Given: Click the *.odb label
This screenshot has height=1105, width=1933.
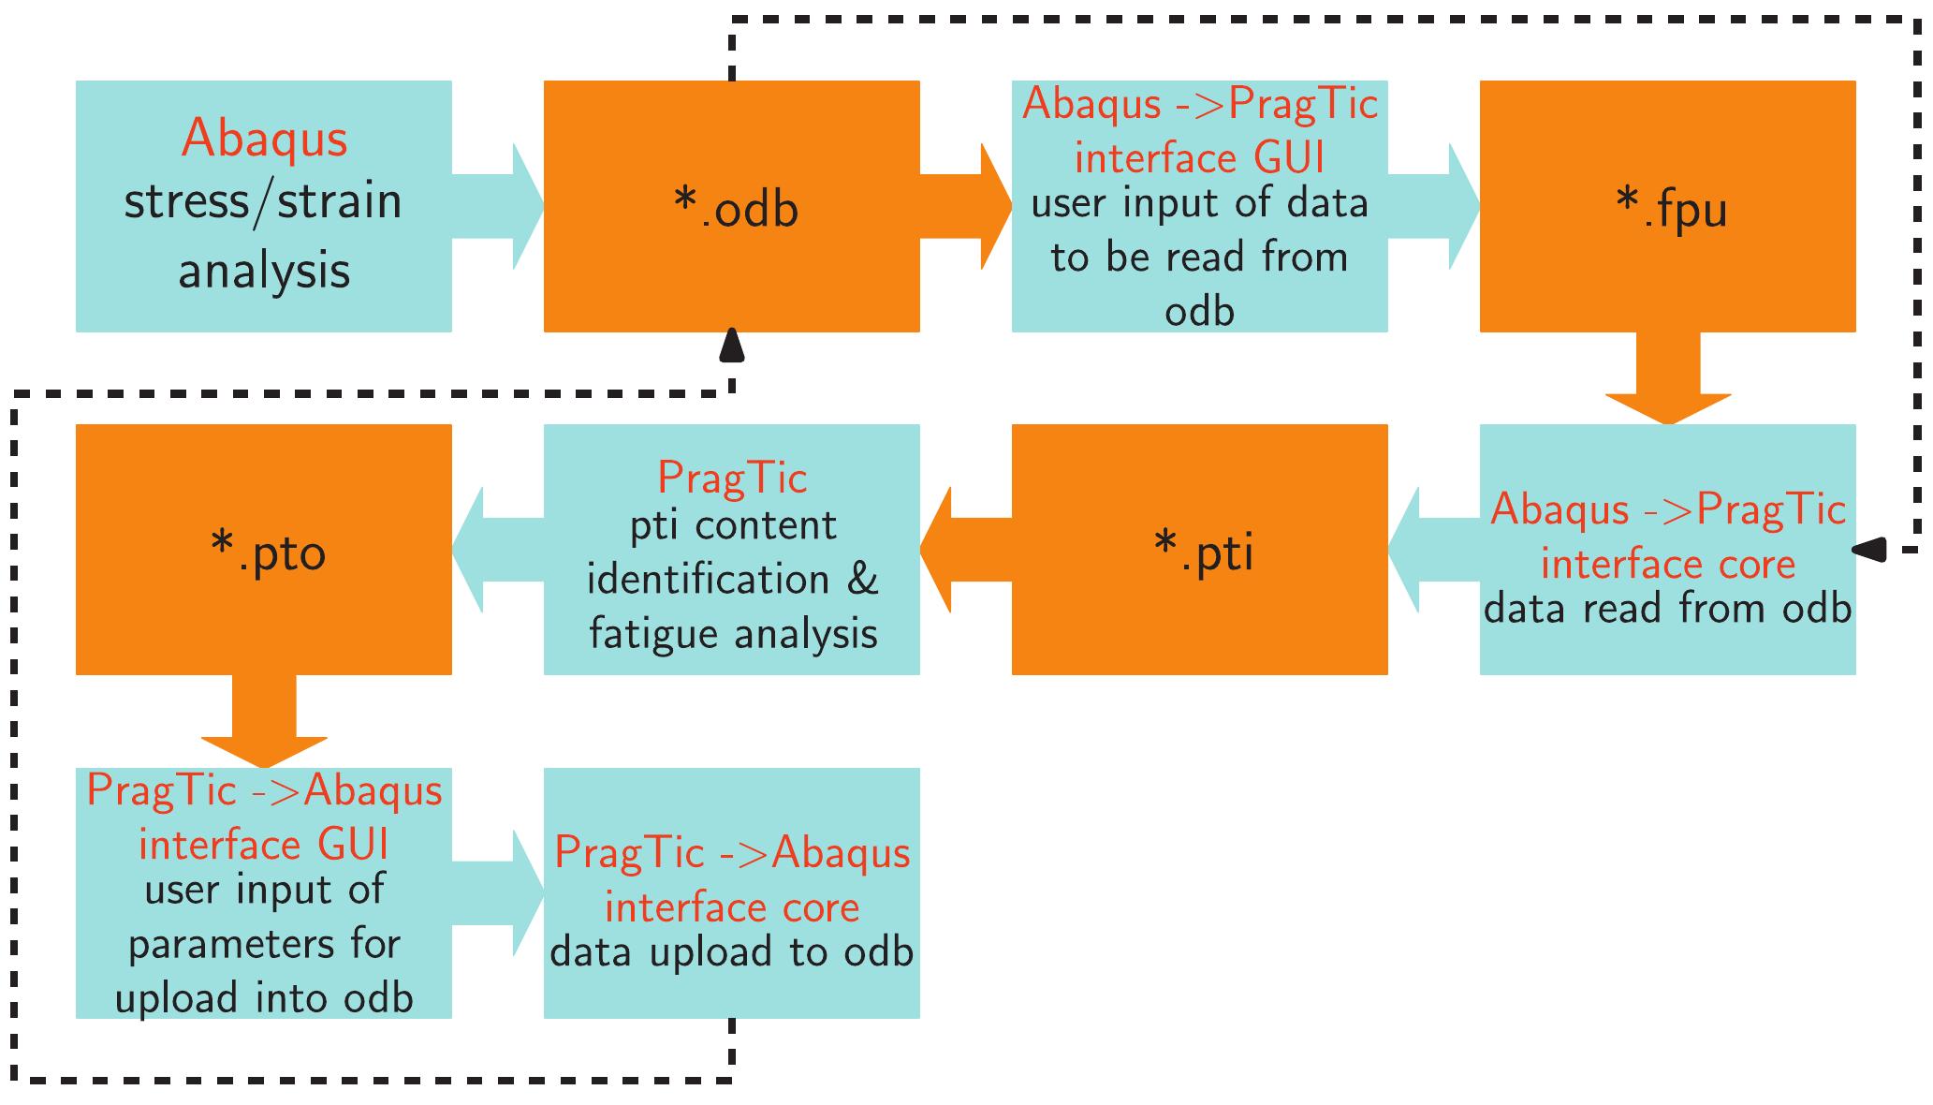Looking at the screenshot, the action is [x=736, y=209].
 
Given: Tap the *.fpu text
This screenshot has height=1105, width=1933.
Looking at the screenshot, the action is [x=1672, y=209].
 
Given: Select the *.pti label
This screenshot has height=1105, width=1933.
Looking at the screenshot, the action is [x=1204, y=552].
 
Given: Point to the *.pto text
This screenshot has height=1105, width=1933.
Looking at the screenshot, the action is [x=269, y=552].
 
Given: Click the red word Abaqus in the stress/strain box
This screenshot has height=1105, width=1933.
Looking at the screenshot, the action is [x=264, y=139].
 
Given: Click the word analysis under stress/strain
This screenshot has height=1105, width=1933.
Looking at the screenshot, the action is [x=264, y=272].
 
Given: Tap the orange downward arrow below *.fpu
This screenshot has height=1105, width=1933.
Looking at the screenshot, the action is [x=1667, y=379].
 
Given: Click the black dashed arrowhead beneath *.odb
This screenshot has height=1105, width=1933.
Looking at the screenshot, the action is [x=731, y=346].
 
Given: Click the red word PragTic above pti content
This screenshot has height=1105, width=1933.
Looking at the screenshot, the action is [x=732, y=478].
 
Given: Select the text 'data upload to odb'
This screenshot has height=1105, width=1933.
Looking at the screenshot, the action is [x=732, y=952].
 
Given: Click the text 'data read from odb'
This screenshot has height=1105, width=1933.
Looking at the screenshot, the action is [x=1667, y=609].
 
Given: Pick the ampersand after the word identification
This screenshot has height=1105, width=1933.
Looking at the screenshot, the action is [x=862, y=580].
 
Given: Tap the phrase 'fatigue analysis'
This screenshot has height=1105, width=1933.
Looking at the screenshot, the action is [x=733, y=634].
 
